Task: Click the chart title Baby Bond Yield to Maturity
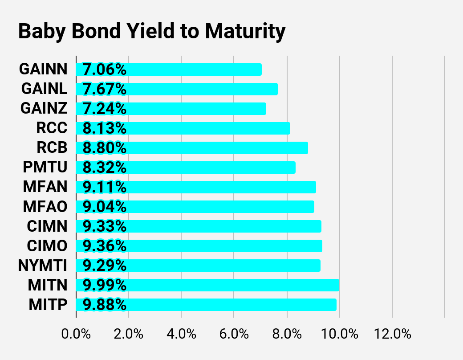pos(152,31)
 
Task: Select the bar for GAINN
pos(169,70)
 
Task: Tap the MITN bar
pos(207,285)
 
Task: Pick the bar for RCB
pos(192,148)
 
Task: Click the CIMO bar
pos(199,246)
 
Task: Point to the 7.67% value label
pos(105,89)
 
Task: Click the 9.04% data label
pos(105,207)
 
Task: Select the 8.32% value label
pos(105,168)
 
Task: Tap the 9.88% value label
pos(105,305)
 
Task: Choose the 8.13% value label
pos(105,128)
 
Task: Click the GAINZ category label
pos(44,108)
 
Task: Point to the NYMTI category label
pos(43,266)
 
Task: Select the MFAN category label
pos(45,187)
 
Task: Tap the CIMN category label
pos(47,226)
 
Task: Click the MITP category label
pos(48,305)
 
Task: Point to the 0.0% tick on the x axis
pos(76,334)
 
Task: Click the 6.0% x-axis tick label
pos(234,334)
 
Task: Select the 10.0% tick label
pos(339,334)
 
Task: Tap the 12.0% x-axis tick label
pos(392,334)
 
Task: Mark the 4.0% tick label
pos(181,334)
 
